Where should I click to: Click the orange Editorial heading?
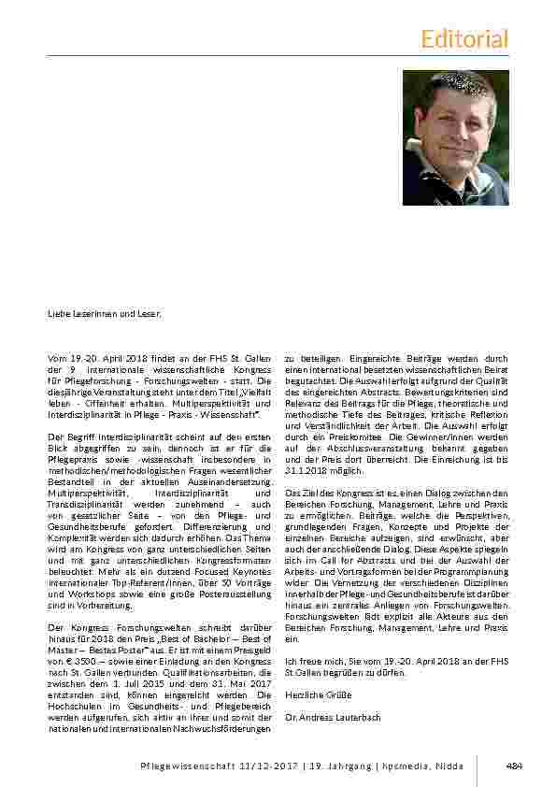pos(464,39)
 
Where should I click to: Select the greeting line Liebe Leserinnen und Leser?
pos(106,313)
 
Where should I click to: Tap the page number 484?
pos(513,766)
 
